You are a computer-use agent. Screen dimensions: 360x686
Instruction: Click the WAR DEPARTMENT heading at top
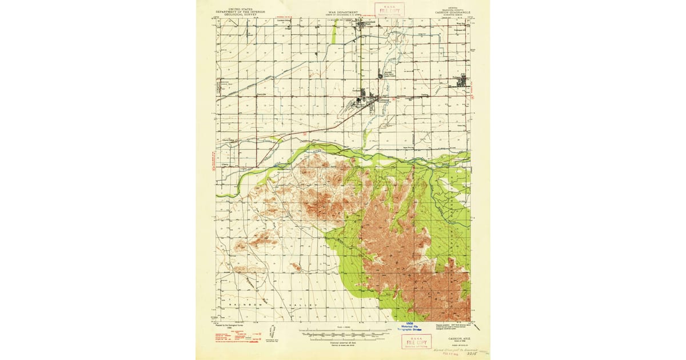(343, 11)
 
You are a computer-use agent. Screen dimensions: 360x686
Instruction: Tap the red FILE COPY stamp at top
(390, 9)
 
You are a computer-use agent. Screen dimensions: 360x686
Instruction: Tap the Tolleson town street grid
(461, 82)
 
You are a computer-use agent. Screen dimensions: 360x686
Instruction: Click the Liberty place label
(225, 164)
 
